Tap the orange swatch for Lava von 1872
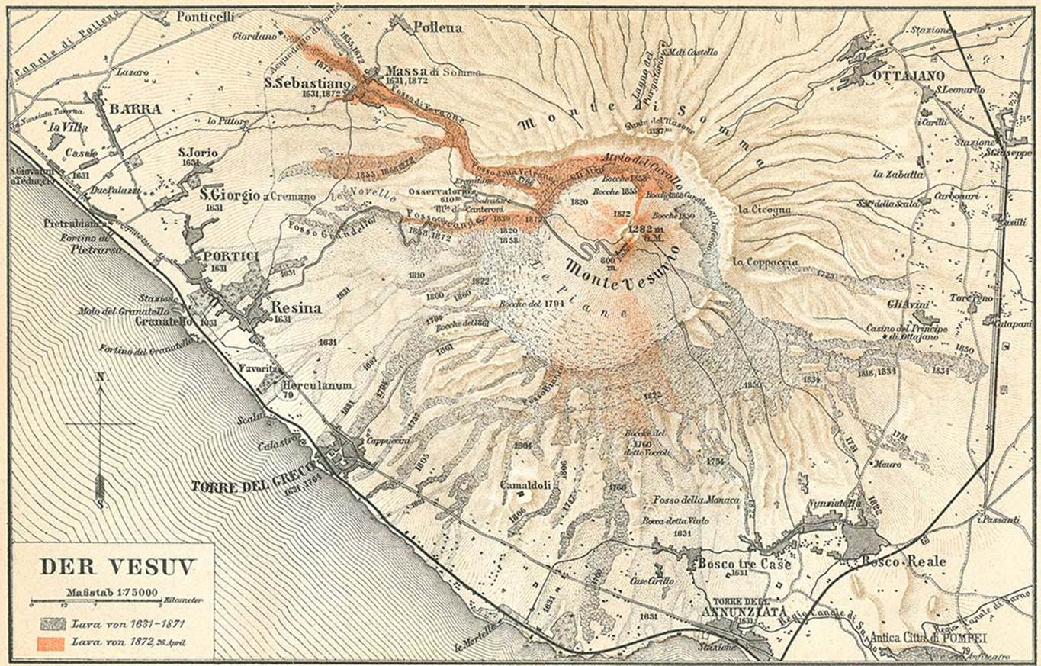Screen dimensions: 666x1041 50,642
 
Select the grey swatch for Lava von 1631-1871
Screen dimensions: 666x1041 50,624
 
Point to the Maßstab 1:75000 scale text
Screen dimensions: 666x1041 101,589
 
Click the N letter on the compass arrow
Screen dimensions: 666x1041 99,376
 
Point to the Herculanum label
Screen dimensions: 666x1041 317,386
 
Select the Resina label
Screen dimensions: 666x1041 295,308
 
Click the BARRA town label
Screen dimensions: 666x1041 135,109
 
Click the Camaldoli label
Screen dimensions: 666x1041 525,485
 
